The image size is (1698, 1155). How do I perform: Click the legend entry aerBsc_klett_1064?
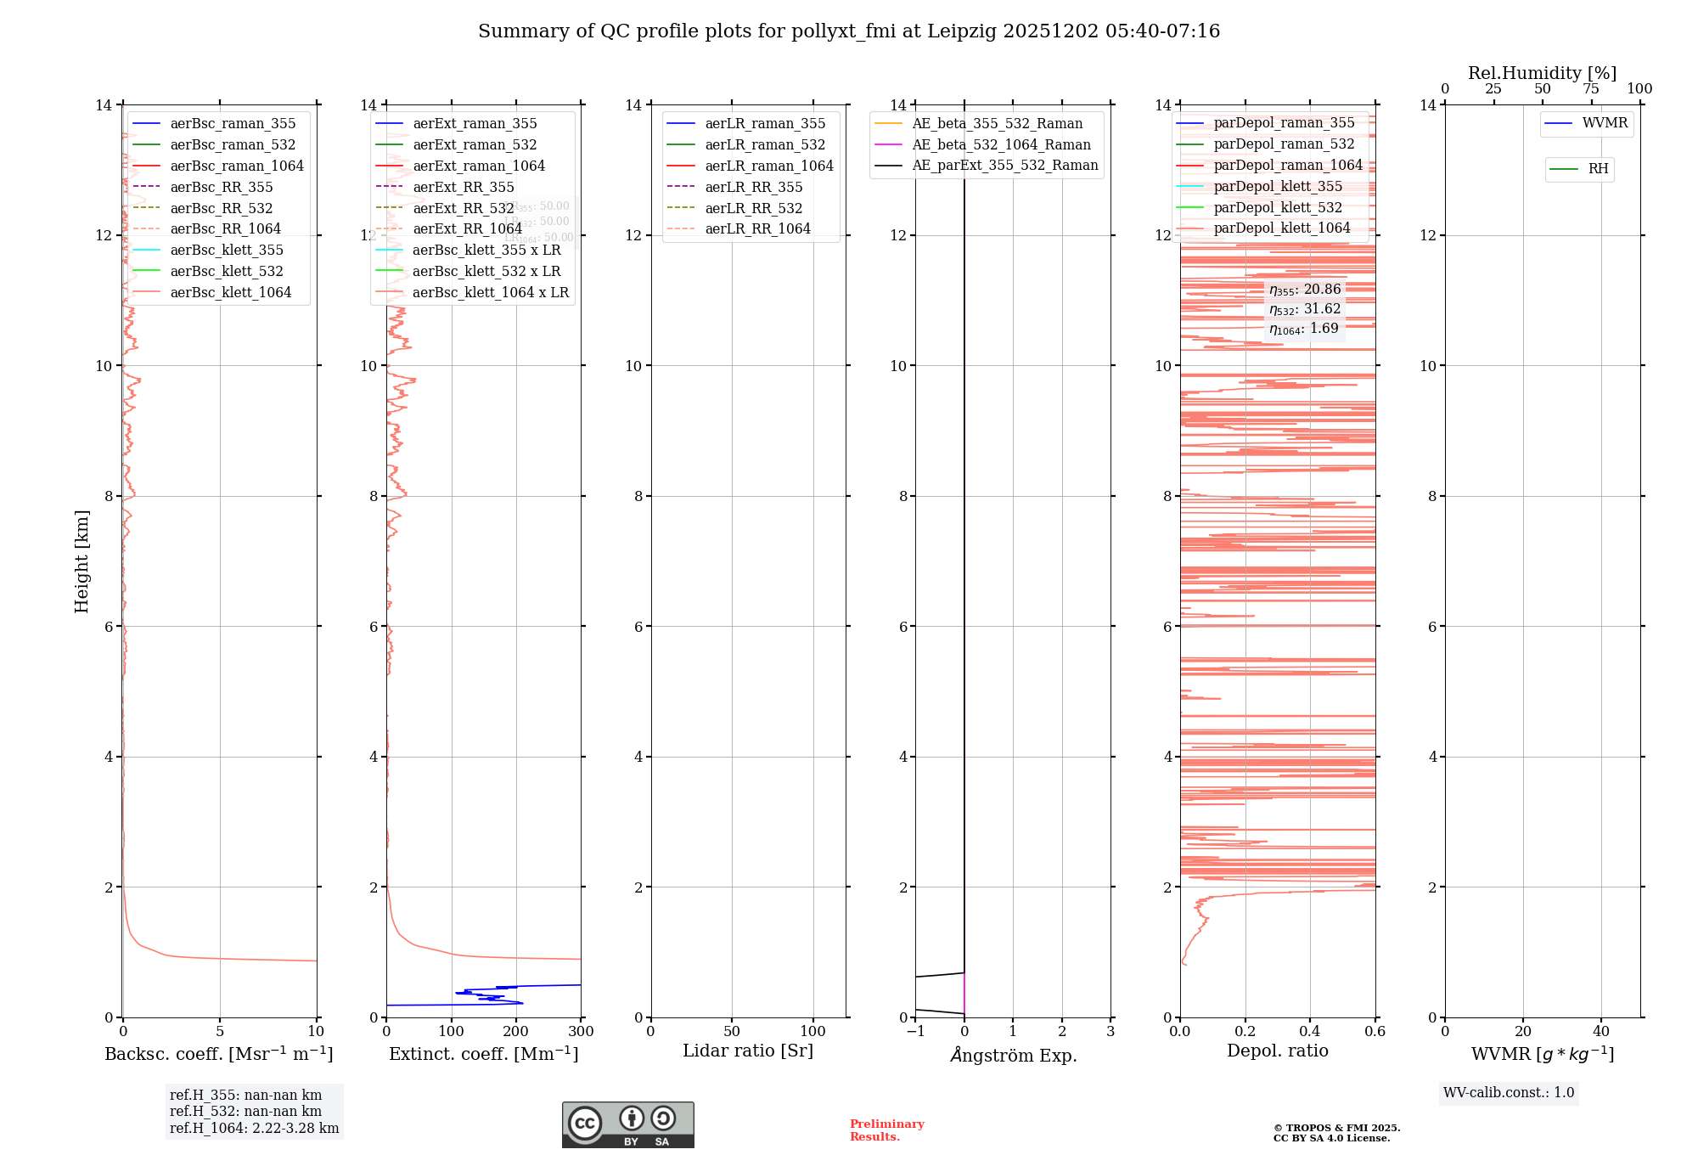point(230,292)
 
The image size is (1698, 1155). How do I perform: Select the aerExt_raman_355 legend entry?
point(475,124)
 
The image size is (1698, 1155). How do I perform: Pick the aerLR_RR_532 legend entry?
point(753,208)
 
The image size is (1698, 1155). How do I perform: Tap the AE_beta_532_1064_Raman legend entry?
point(1001,144)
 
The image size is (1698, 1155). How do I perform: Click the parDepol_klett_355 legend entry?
point(1278,186)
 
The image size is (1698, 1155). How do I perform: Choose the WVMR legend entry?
point(1605,123)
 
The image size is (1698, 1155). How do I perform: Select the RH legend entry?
point(1598,169)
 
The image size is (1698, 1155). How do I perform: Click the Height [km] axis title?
point(82,561)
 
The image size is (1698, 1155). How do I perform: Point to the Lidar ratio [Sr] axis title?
point(748,1051)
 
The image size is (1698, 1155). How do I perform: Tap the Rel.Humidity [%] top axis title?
point(1542,73)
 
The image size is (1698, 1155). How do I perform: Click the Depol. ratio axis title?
point(1277,1051)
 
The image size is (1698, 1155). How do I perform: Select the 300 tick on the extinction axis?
point(582,1032)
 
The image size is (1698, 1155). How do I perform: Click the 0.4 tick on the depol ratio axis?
point(1310,1032)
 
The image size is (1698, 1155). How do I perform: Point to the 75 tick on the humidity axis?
point(1591,89)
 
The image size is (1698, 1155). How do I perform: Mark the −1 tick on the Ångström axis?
point(915,1032)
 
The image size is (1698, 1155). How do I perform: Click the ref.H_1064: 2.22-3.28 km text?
point(254,1128)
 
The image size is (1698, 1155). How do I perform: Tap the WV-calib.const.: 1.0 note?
point(1509,1092)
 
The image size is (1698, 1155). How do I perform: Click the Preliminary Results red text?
point(886,1130)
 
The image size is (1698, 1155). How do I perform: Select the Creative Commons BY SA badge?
point(627,1124)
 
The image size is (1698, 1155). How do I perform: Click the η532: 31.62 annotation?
point(1305,309)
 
